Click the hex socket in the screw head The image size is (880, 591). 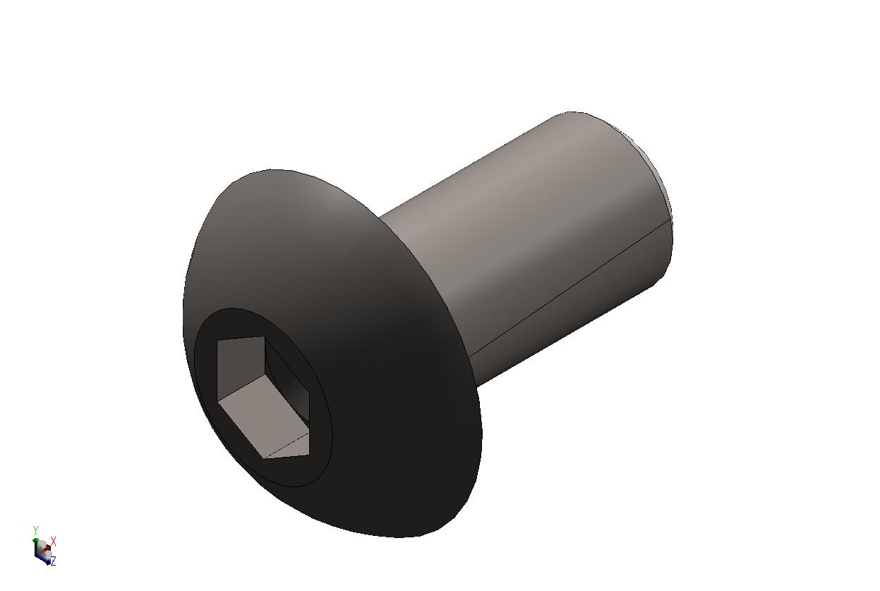pos(263,398)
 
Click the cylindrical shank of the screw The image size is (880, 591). pos(531,244)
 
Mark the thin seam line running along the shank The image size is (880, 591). pos(569,287)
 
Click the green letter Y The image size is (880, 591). pos(35,530)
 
